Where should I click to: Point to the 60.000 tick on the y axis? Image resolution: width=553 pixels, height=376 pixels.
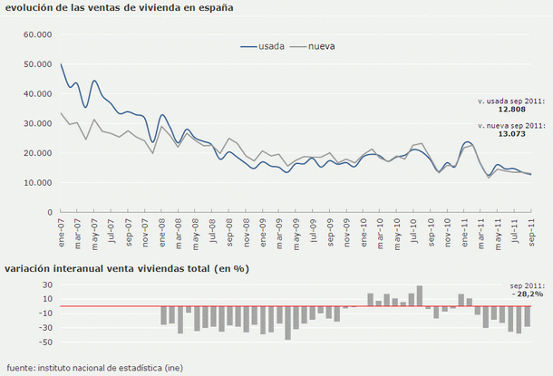[x=39, y=34]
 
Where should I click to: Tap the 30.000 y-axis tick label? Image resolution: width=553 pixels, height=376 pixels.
[x=39, y=123]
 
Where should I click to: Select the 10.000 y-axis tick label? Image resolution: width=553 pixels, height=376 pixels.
[x=39, y=182]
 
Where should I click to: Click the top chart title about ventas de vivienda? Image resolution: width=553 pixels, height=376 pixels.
[x=118, y=7]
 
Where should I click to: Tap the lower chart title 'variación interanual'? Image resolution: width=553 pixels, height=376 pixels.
[x=127, y=269]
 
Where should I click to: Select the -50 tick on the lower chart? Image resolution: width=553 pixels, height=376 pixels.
[x=43, y=342]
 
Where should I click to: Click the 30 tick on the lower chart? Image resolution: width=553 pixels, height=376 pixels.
[x=44, y=284]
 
